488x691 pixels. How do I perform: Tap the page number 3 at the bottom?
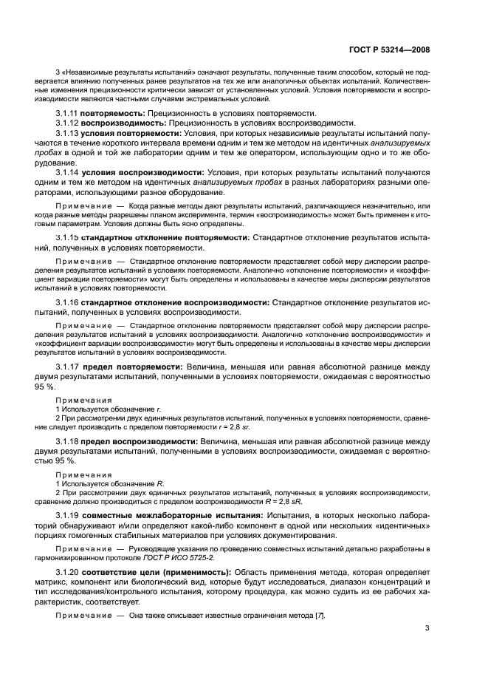(427, 630)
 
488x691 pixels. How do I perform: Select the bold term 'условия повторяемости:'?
(131, 133)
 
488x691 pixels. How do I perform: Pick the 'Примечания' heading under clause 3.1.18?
(83, 474)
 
